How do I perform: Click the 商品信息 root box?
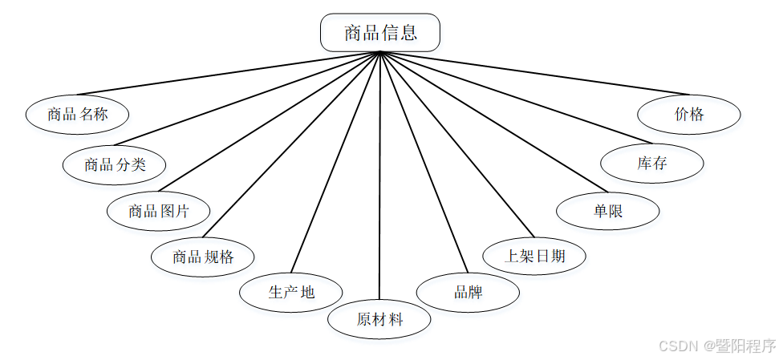(379, 33)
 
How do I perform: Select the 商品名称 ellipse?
(78, 114)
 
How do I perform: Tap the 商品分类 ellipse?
(115, 164)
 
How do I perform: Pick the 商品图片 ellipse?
(159, 211)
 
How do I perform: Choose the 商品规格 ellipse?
(203, 257)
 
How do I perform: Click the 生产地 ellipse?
(291, 291)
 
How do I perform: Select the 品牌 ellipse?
(468, 291)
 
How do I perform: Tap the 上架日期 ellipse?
(535, 257)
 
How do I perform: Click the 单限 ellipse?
(608, 211)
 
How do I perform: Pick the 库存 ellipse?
(652, 164)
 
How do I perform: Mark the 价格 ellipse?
(689, 114)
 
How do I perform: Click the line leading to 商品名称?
(229, 74)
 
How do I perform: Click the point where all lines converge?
(379, 53)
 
